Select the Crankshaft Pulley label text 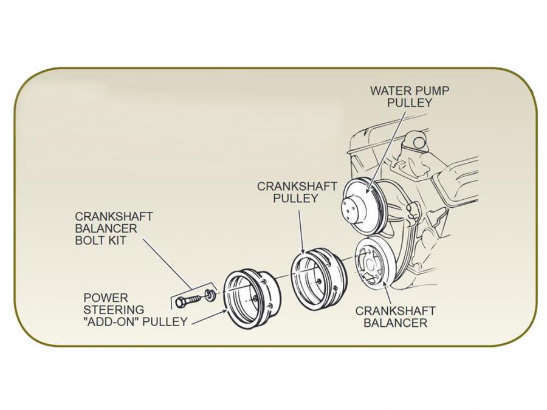(296, 192)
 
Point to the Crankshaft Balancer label (395, 317)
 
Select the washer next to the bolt (209, 296)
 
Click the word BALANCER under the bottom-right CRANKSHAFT (395, 323)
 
